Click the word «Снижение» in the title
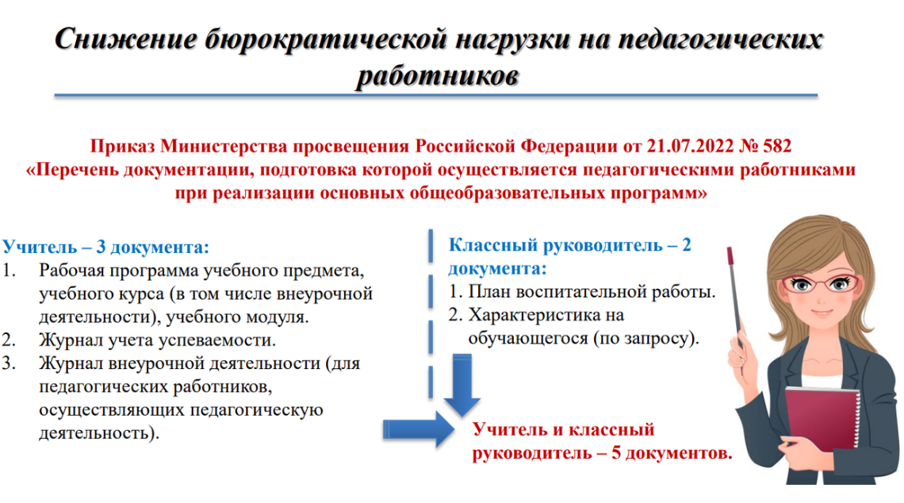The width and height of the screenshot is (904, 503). pyautogui.click(x=125, y=39)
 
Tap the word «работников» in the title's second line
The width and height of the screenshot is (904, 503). pyautogui.click(x=438, y=76)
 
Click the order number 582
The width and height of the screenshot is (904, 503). pyautogui.click(x=776, y=146)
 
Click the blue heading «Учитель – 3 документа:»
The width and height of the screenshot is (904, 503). pyautogui.click(x=105, y=247)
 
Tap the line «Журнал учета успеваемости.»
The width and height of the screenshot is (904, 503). pyautogui.click(x=157, y=340)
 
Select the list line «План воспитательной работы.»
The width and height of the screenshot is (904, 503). pyautogui.click(x=592, y=292)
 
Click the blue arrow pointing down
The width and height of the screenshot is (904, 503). pyautogui.click(x=462, y=385)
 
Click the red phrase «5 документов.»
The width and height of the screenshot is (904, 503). pyautogui.click(x=671, y=453)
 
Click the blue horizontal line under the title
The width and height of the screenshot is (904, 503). pyautogui.click(x=436, y=95)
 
